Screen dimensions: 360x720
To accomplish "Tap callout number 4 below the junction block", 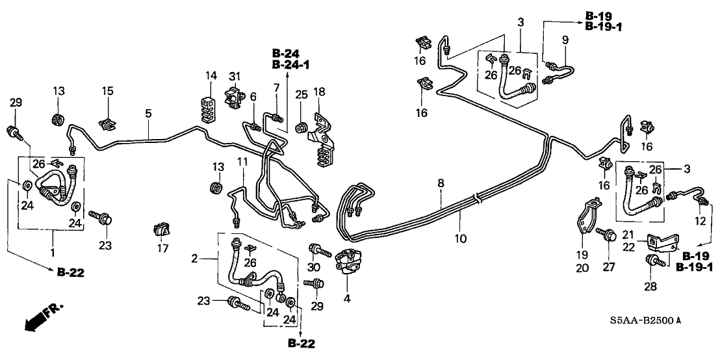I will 347,299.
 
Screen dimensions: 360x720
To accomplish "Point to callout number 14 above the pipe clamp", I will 210,76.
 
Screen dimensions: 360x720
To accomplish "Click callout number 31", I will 235,76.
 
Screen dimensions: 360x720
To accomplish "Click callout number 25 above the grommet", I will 300,95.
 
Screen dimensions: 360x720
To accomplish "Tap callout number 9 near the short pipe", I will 565,40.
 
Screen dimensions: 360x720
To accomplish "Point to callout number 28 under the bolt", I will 650,287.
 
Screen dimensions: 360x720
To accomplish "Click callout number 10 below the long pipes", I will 461,238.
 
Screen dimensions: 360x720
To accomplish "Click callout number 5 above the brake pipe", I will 148,113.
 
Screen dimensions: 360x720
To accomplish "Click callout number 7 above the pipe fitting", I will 276,87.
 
